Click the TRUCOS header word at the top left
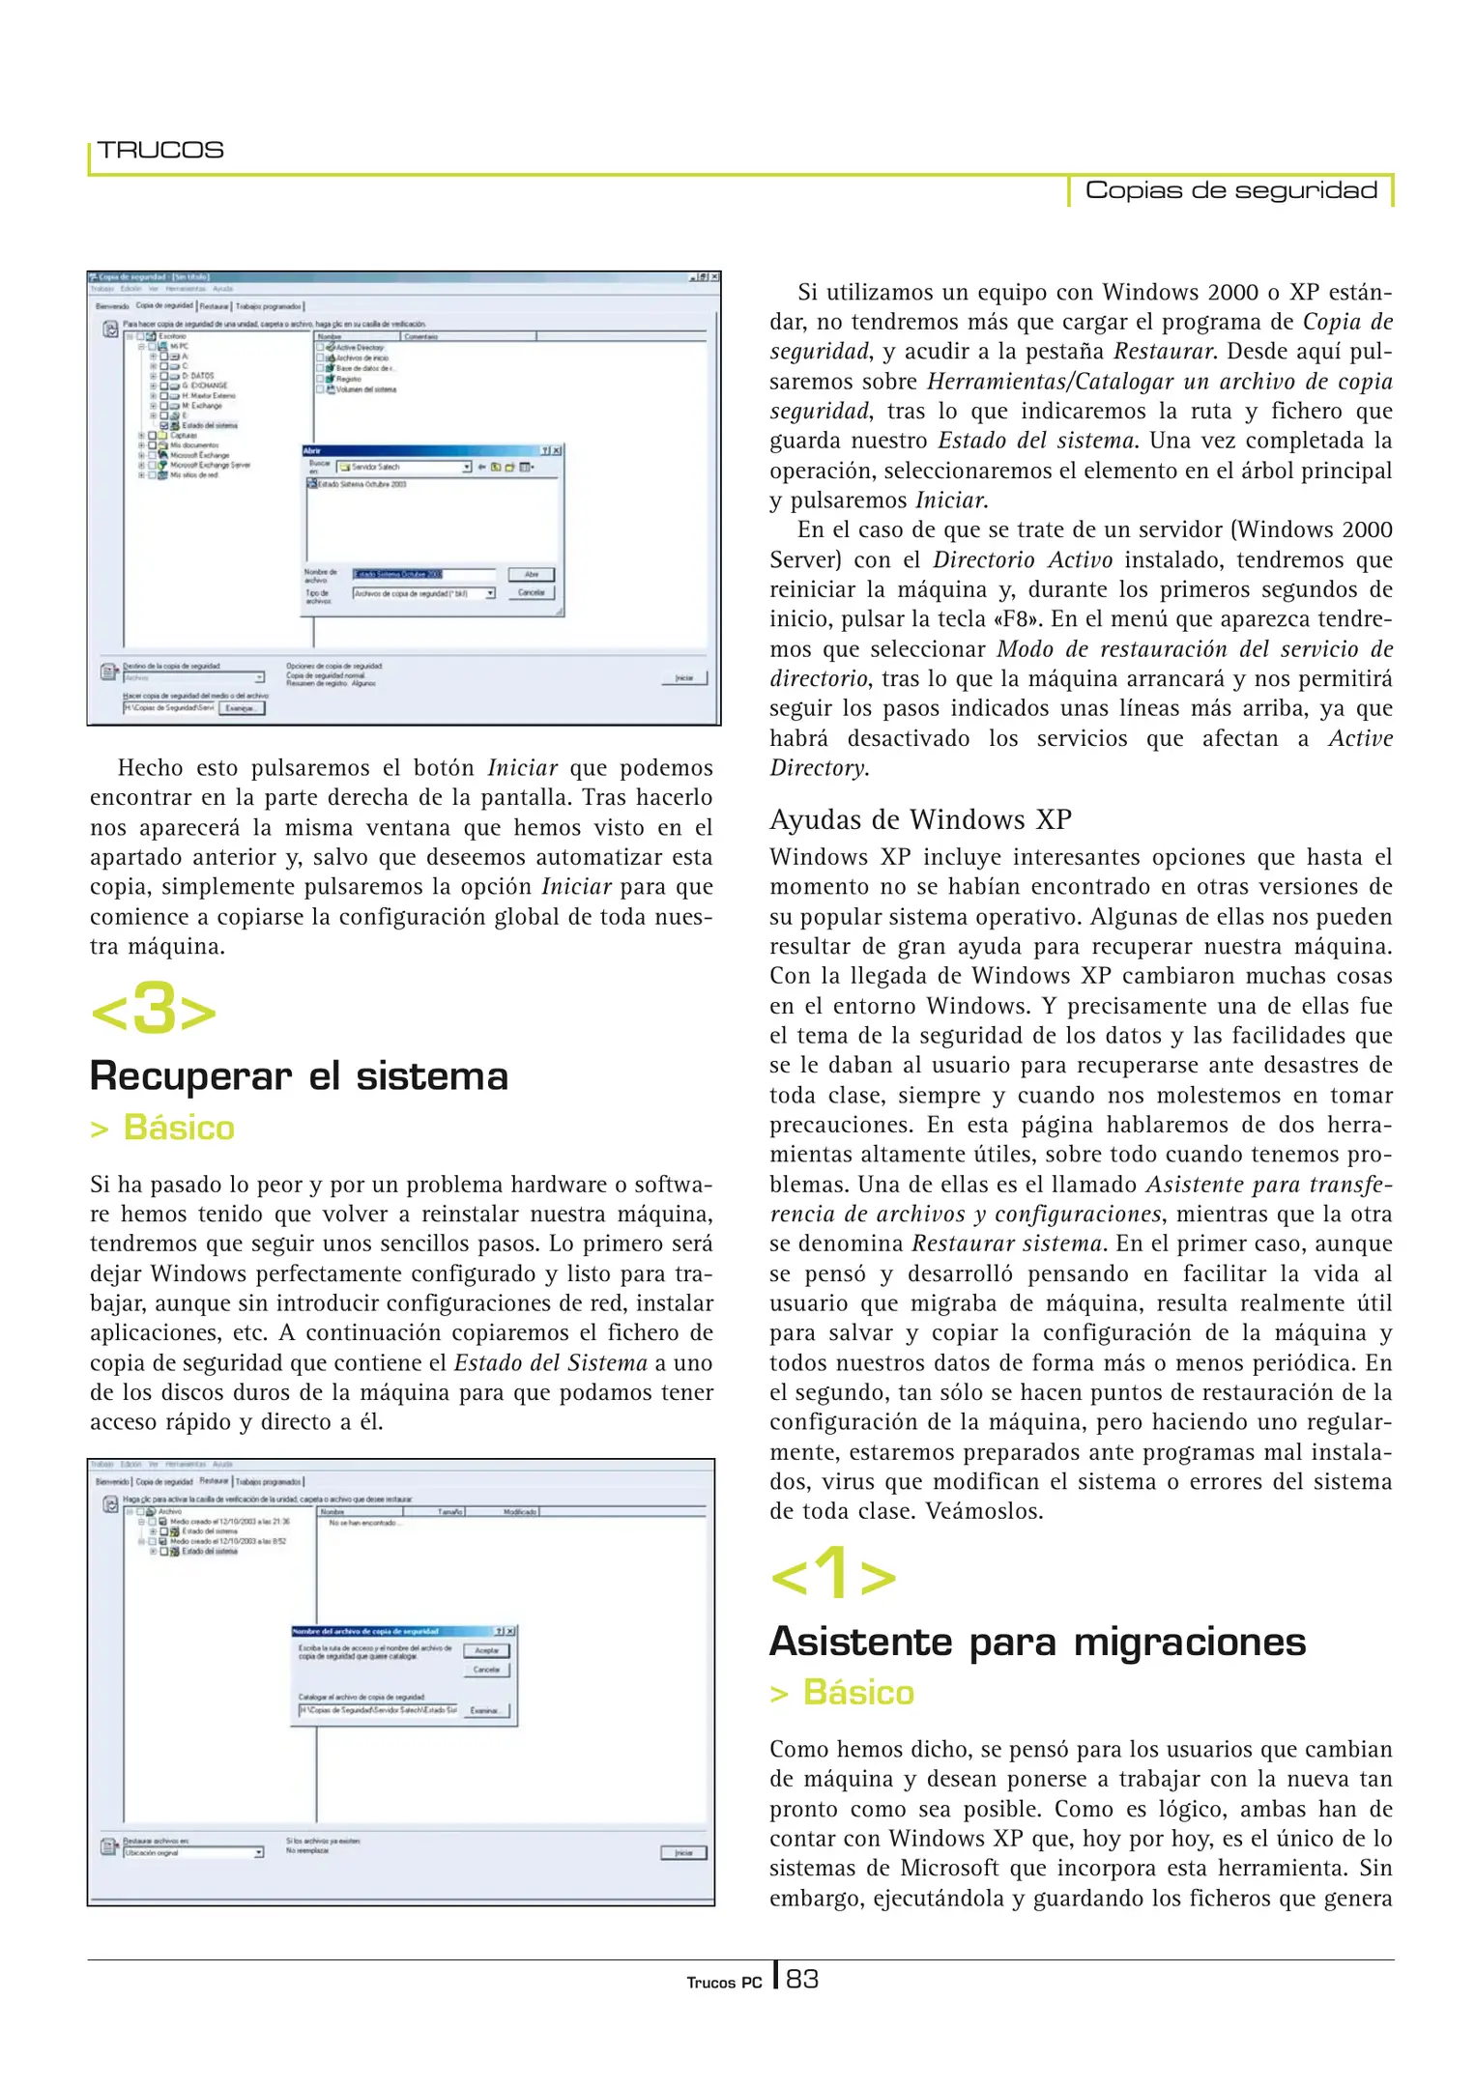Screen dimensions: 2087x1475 [x=160, y=151]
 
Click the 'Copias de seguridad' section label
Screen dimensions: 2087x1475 [x=1230, y=190]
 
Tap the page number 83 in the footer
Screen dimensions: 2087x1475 [x=801, y=1980]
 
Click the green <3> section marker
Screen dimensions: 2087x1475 [x=153, y=1009]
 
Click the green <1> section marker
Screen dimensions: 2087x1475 [x=832, y=1575]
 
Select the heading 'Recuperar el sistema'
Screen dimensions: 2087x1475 [x=299, y=1076]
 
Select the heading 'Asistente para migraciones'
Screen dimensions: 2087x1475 [x=1037, y=1642]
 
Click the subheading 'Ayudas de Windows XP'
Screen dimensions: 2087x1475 [x=920, y=819]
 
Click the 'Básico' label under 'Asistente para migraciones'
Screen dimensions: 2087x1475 [x=857, y=1693]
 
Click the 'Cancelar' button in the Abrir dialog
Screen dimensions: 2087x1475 [x=532, y=592]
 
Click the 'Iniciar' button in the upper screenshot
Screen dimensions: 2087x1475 [x=684, y=678]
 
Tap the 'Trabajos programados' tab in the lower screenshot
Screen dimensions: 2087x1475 [x=269, y=1481]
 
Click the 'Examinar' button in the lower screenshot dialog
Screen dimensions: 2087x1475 [x=485, y=1710]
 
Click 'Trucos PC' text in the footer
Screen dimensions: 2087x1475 [x=724, y=1983]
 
